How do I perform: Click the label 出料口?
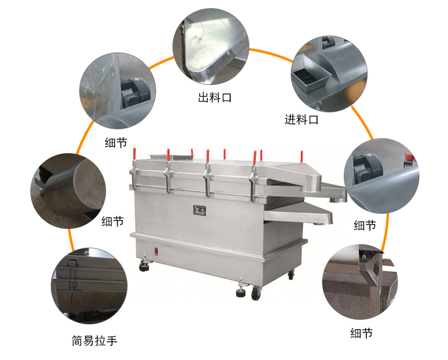tap(215, 97)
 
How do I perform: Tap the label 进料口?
tap(301, 120)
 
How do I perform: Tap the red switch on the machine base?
tap(156, 253)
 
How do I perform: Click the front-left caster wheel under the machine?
tap(144, 267)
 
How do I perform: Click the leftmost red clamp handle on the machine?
tap(134, 153)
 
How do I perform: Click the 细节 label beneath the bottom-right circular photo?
tap(361, 333)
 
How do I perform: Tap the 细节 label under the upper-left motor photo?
tap(115, 142)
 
